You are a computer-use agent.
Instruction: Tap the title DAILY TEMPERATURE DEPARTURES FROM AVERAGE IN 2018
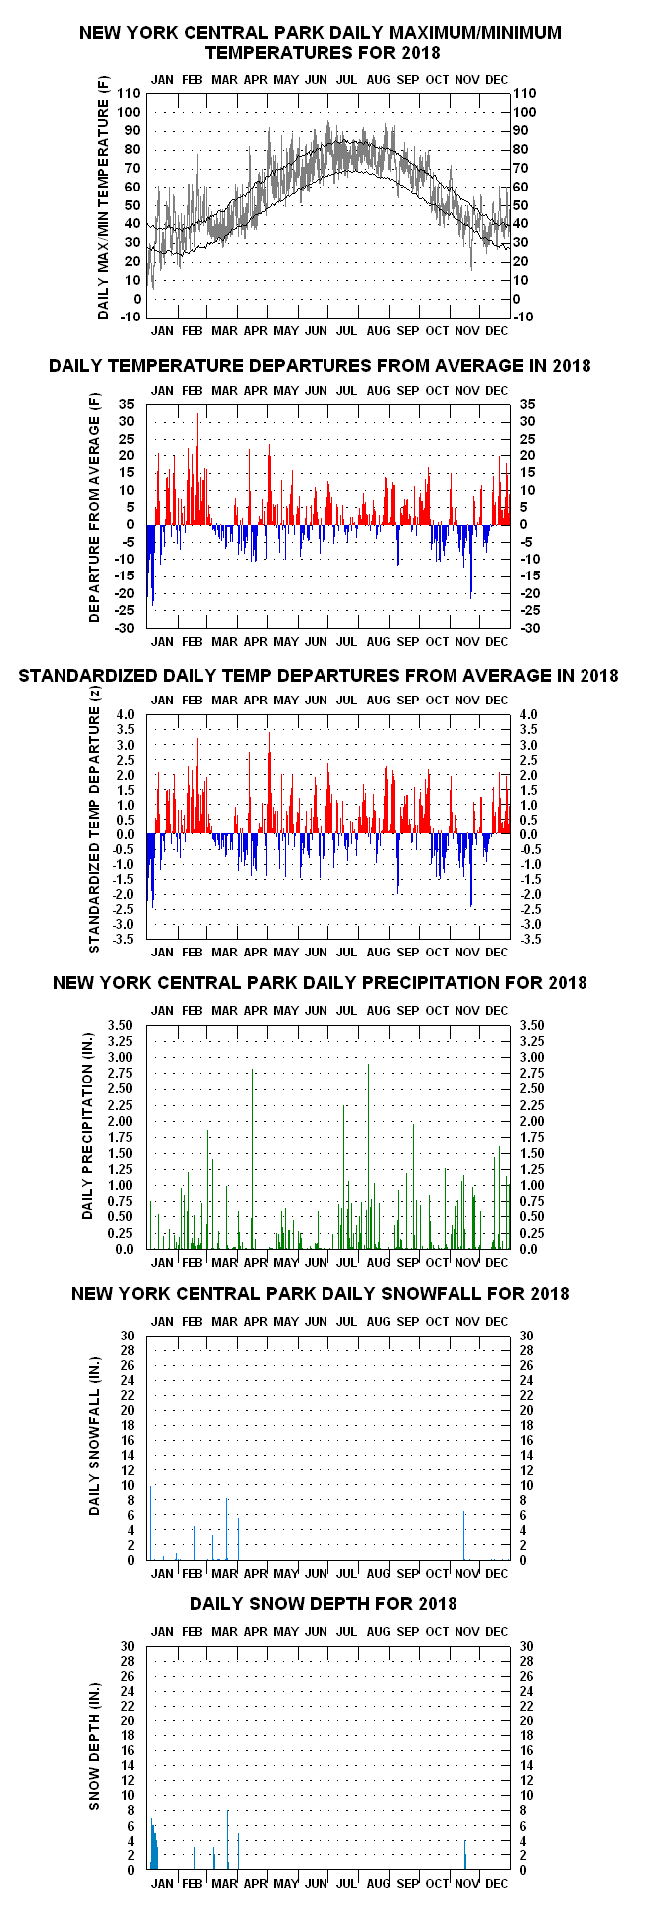coord(320,366)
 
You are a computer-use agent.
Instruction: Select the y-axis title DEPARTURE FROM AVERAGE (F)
coord(95,517)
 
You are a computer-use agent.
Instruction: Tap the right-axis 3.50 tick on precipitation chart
coord(525,1025)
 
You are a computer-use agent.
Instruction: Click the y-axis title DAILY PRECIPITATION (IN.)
coord(88,1137)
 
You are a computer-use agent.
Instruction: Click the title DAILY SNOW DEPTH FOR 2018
coord(324,1604)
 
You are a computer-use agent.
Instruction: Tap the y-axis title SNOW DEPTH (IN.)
coord(95,1758)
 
